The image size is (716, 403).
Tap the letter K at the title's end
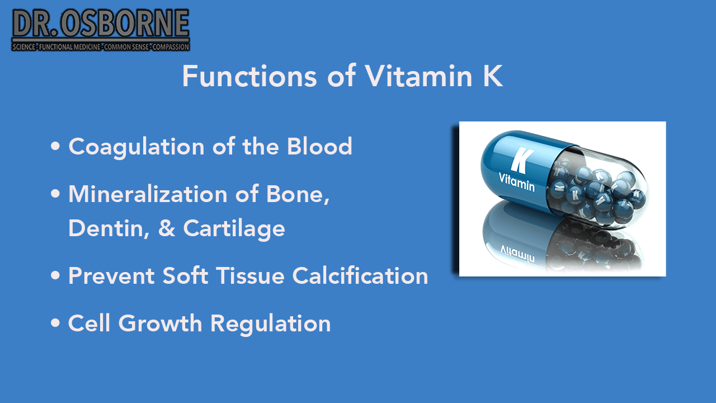(492, 76)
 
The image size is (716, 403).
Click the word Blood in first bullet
(319, 147)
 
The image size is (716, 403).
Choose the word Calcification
(361, 276)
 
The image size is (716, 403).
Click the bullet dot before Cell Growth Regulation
(55, 324)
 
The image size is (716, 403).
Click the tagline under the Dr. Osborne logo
(101, 47)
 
